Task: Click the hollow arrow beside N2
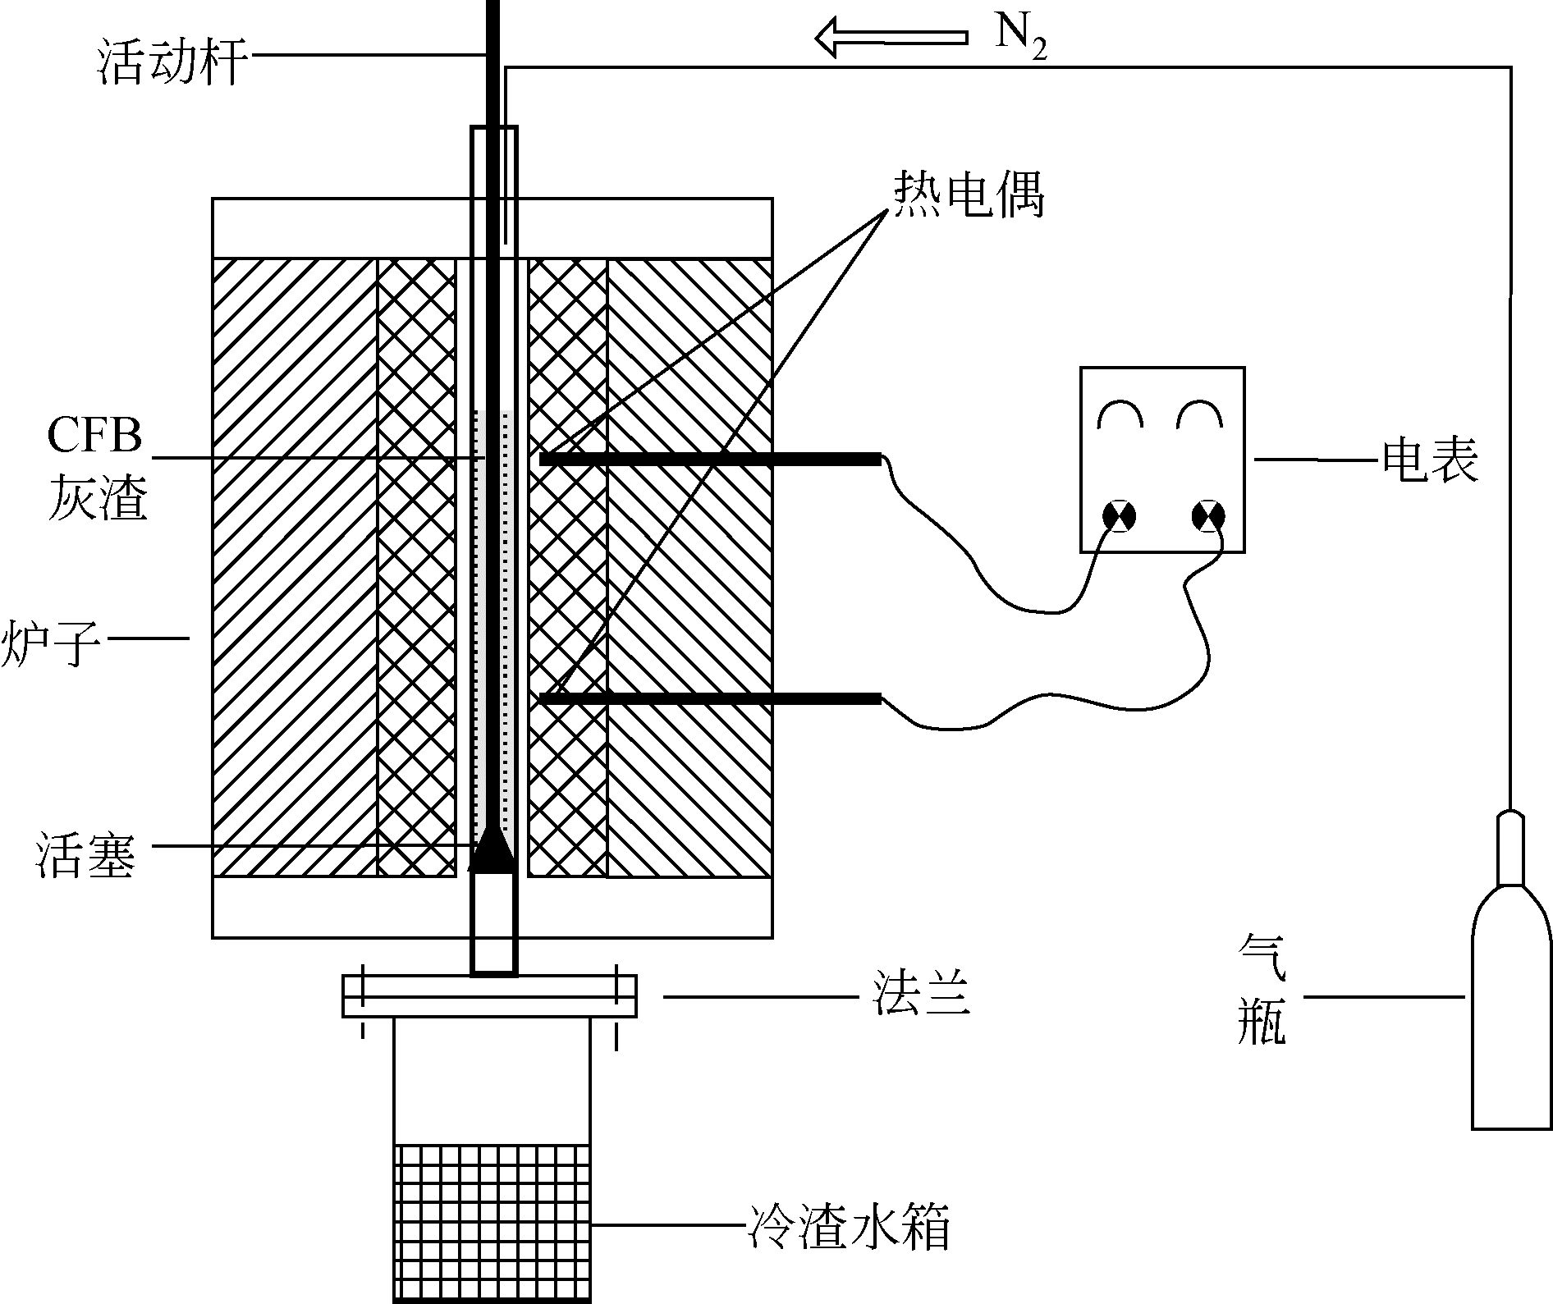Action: (890, 38)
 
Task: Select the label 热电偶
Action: (969, 196)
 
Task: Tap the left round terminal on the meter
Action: (1120, 515)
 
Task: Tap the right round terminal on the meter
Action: (1207, 515)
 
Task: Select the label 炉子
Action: (49, 644)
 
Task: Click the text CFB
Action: (94, 437)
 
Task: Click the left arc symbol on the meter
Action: (1121, 415)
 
